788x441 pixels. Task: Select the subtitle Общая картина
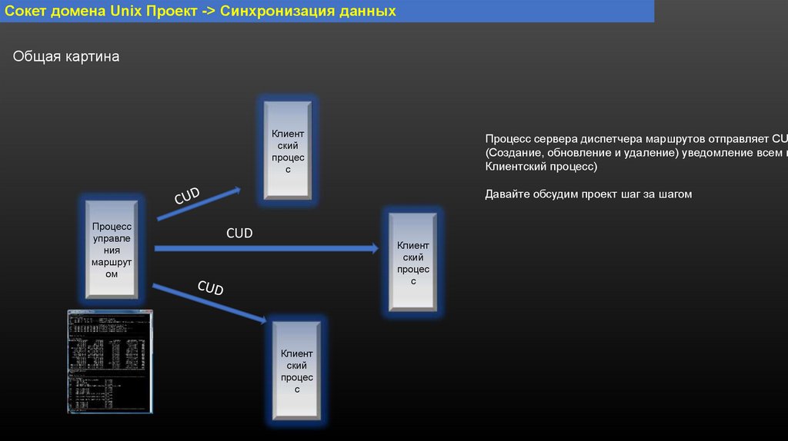(x=66, y=57)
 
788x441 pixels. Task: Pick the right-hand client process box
(x=413, y=263)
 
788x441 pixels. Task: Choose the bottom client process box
(x=296, y=371)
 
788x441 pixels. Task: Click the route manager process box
(x=112, y=250)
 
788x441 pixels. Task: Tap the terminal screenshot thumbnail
(x=110, y=361)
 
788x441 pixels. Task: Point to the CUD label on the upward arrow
(x=187, y=196)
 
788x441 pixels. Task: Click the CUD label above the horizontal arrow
(x=239, y=233)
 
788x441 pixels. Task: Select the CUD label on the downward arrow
(x=210, y=288)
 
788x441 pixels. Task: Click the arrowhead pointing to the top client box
(x=237, y=189)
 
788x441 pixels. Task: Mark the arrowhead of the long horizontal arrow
(x=375, y=248)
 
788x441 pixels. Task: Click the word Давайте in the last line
(x=506, y=194)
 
